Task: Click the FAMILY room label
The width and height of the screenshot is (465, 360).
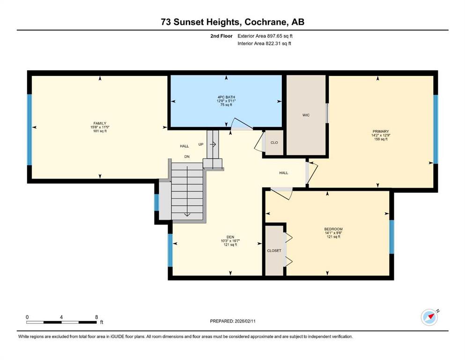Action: coord(100,123)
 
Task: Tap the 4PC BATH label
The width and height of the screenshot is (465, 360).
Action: coord(226,97)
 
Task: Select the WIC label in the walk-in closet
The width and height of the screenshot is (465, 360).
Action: coord(306,115)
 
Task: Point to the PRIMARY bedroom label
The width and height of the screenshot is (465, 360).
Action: coord(381,131)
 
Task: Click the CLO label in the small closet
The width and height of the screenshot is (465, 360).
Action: coord(274,143)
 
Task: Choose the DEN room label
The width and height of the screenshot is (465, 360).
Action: coord(230,237)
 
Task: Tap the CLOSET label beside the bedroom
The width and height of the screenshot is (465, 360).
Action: coord(274,251)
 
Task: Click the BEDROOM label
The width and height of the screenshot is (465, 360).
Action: coord(333,229)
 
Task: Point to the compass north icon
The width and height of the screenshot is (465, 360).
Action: coord(429,317)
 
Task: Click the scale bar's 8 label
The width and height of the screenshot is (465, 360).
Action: coord(96,317)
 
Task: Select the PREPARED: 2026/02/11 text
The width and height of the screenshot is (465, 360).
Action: coord(233,321)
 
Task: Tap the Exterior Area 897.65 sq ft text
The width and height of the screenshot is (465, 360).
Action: coord(265,36)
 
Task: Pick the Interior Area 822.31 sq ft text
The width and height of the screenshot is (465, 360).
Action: coord(264,44)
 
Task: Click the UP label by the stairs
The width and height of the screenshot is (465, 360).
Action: coord(201,144)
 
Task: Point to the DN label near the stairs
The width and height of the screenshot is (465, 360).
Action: coord(187,157)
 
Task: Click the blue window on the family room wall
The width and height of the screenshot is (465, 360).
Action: coord(30,129)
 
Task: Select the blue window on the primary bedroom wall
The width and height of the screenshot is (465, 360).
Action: coord(435,129)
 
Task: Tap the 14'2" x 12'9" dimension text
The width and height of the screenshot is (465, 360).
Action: coord(381,135)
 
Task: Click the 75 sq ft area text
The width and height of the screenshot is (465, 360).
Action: coord(226,105)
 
